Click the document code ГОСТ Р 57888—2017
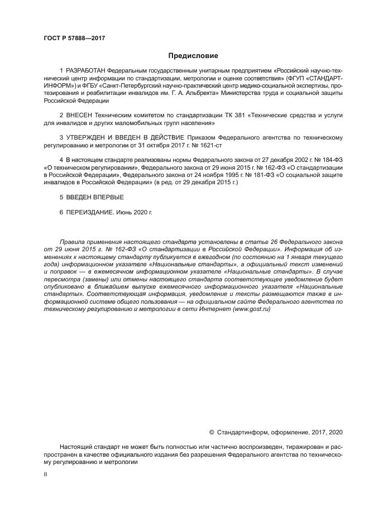[74, 39]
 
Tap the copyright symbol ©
[212, 432]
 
